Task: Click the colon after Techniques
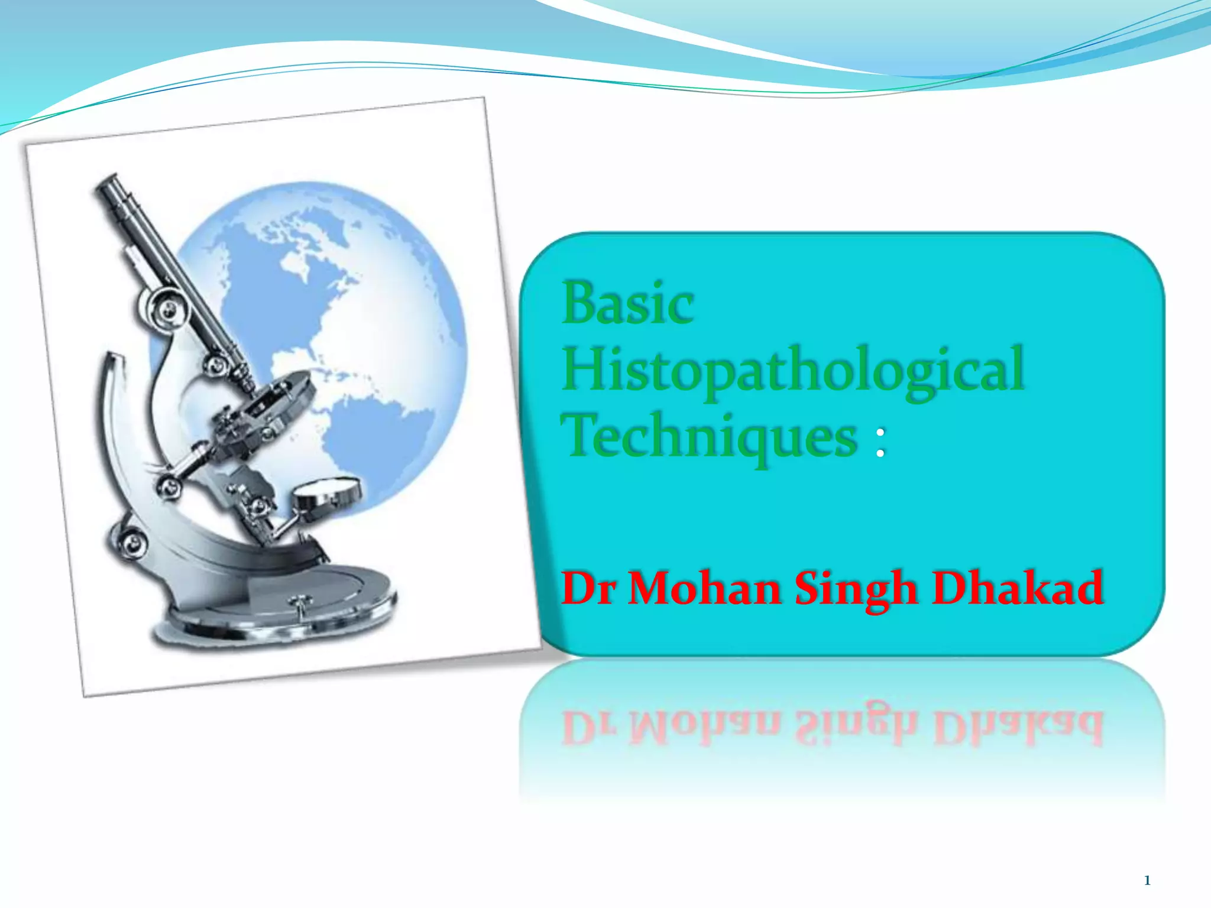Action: [x=880, y=443]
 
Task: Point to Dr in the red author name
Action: [x=587, y=589]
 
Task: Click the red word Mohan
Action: [x=704, y=589]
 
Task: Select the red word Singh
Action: [x=855, y=590]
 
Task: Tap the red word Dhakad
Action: [x=1017, y=589]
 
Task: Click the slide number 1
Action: [x=1147, y=881]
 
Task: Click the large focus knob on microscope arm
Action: [x=162, y=307]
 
